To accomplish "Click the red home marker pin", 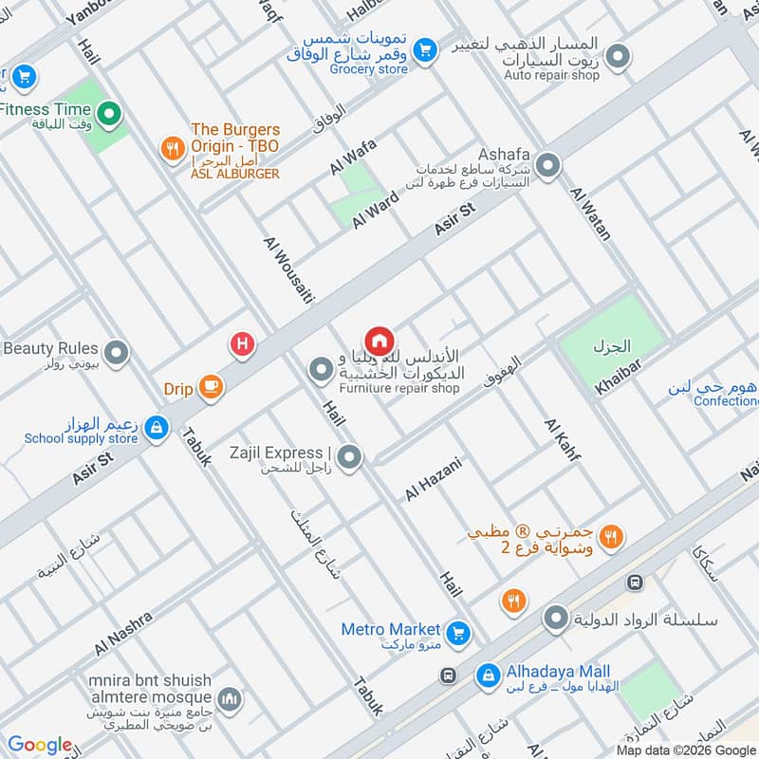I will click(x=379, y=341).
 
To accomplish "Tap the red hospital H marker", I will click(x=243, y=345).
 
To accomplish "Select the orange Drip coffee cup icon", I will click(x=211, y=387).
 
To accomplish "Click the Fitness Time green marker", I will click(x=109, y=116).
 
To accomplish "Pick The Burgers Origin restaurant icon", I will click(x=171, y=147).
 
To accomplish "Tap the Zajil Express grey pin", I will click(x=350, y=458).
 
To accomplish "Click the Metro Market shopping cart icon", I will click(x=459, y=631).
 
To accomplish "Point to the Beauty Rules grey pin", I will click(x=117, y=355).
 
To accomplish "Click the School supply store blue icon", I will click(x=156, y=429).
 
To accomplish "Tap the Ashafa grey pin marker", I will click(x=547, y=168).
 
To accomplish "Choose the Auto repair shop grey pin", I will click(x=619, y=58).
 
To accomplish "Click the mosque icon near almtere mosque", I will click(x=228, y=701).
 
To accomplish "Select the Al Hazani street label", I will click(x=433, y=479).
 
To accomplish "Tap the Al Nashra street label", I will click(x=122, y=634).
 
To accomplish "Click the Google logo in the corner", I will click(x=40, y=745).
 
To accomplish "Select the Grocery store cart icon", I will click(x=426, y=47).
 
